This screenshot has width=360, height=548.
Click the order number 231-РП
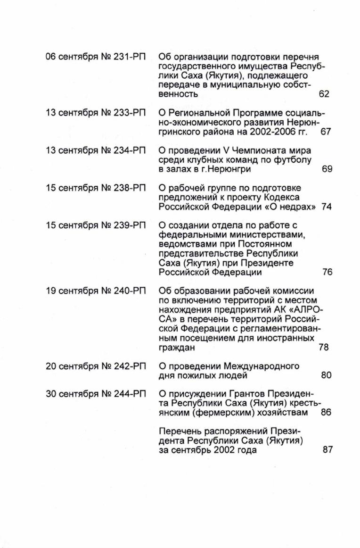point(130,57)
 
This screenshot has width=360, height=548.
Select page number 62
point(324,94)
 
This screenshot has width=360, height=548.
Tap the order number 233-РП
point(130,113)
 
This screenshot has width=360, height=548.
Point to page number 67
point(326,132)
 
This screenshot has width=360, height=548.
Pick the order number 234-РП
point(130,151)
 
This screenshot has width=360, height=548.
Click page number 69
point(327,169)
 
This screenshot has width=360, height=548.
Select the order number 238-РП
point(130,188)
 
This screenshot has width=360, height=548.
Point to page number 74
point(327,207)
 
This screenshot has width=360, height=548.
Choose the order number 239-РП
point(130,225)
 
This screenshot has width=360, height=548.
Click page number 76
point(327,272)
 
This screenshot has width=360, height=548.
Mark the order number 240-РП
point(130,291)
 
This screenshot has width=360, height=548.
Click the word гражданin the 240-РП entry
point(177,348)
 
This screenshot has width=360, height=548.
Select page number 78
point(324,348)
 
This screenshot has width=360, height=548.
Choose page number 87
point(327,450)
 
